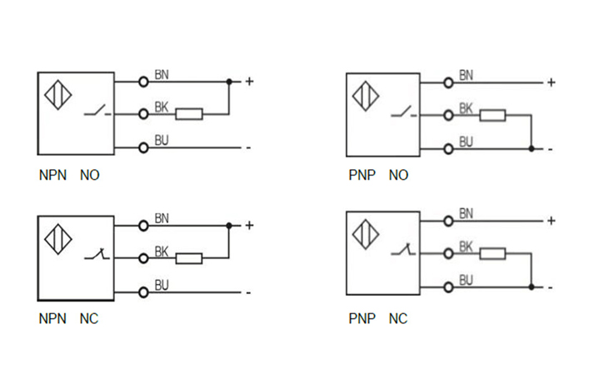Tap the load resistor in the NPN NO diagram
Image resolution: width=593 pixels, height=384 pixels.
click(189, 113)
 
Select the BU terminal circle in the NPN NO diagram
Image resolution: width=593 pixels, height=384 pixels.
click(143, 147)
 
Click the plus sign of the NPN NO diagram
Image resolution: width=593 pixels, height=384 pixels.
click(248, 82)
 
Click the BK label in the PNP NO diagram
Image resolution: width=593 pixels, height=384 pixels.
click(466, 108)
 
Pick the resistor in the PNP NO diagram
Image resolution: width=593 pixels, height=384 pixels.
click(493, 115)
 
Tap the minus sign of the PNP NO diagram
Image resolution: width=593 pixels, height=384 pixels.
click(551, 149)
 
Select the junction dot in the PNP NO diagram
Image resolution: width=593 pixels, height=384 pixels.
click(531, 149)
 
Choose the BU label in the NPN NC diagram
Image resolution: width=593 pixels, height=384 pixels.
click(162, 285)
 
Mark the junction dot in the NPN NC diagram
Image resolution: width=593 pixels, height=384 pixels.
click(229, 225)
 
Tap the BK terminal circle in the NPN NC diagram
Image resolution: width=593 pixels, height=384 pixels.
click(143, 258)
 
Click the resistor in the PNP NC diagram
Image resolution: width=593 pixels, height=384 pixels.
click(493, 253)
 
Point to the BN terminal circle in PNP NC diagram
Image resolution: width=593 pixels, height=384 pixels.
click(449, 221)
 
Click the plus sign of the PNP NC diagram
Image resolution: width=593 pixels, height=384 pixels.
click(551, 221)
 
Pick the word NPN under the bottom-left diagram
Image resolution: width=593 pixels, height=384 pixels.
click(52, 319)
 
